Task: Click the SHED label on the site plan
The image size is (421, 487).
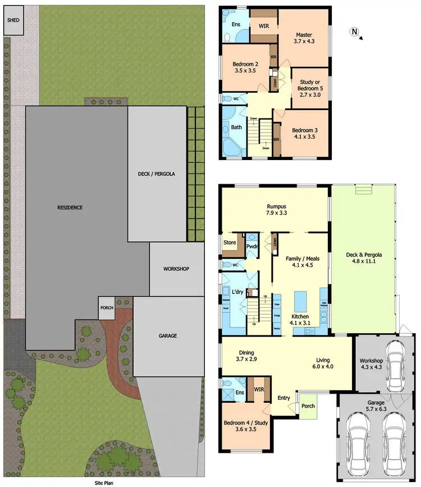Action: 12,20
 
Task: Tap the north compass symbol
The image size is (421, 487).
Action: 354,31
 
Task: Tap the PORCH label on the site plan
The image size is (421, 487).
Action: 107,308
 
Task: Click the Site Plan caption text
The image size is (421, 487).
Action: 105,482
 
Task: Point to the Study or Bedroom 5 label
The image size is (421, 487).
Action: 310,88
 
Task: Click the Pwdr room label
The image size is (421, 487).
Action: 251,246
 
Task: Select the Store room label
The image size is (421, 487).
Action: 230,243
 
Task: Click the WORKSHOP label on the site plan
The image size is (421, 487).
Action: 176,269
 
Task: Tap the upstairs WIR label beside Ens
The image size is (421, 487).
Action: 263,26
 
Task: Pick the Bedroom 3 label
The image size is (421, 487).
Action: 305,133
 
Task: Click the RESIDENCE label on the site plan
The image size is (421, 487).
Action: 70,207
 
